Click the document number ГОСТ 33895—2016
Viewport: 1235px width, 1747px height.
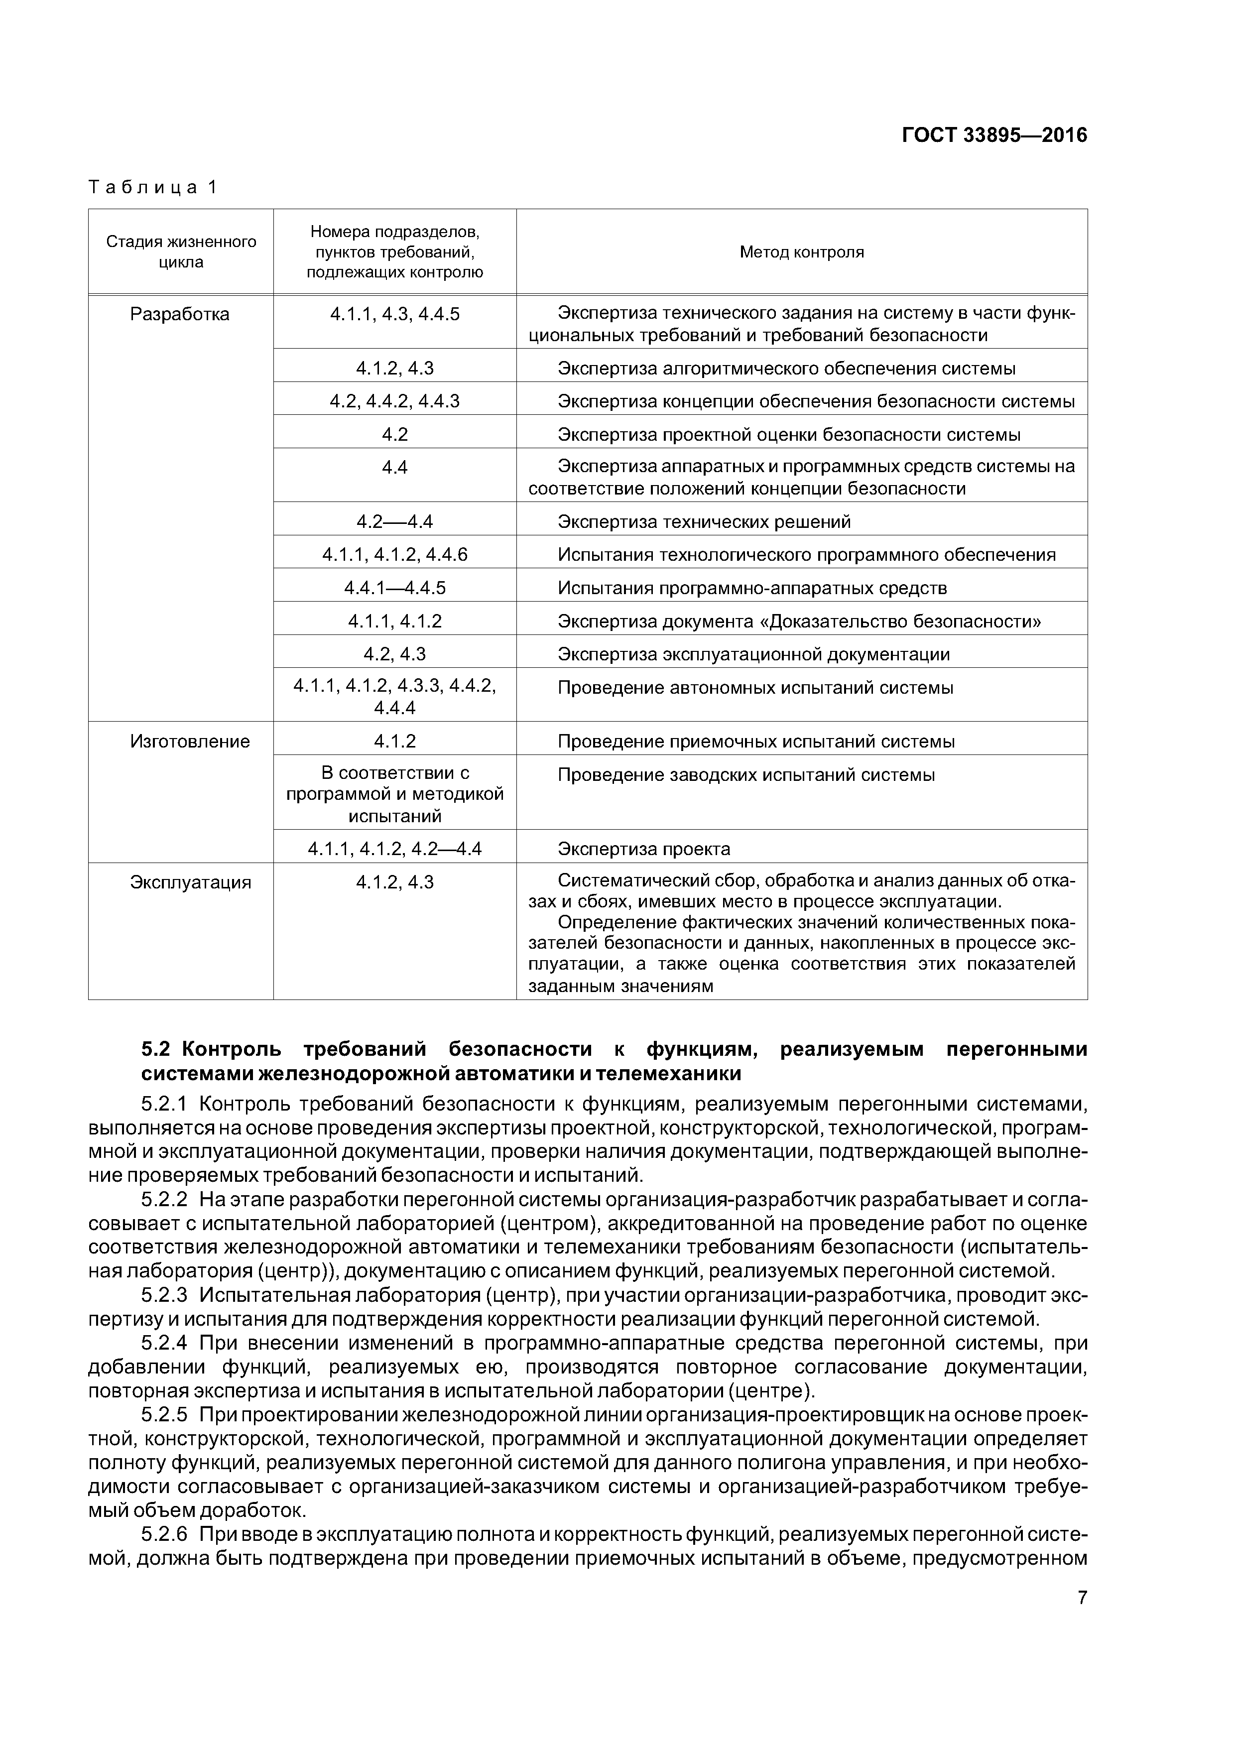pyautogui.click(x=994, y=135)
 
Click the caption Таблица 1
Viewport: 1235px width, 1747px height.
pyautogui.click(x=153, y=187)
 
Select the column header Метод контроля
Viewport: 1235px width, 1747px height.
pyautogui.click(x=801, y=252)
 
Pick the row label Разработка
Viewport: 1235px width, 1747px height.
pyautogui.click(x=180, y=314)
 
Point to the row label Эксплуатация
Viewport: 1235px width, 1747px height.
pyautogui.click(x=190, y=882)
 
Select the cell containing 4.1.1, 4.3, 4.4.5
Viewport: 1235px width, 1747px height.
pyautogui.click(x=394, y=314)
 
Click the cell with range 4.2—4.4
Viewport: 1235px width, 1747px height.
pyautogui.click(x=394, y=522)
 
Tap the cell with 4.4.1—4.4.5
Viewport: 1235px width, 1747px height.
pyautogui.click(x=394, y=588)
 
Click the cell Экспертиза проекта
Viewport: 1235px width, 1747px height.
pyautogui.click(x=644, y=849)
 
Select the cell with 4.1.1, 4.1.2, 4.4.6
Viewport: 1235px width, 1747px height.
pyautogui.click(x=394, y=555)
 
